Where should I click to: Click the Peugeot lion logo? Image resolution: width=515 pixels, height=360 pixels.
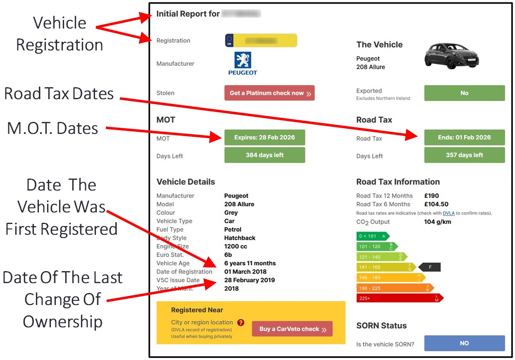pos(243,60)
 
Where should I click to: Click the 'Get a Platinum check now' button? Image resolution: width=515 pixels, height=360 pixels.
pos(269,93)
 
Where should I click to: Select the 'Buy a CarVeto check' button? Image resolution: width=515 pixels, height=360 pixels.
pos(292,329)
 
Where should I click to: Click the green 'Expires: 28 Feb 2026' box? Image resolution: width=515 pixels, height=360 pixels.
pos(265,138)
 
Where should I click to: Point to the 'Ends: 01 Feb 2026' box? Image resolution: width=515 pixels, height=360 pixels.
pos(465,138)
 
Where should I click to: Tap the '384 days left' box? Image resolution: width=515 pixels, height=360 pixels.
pos(265,155)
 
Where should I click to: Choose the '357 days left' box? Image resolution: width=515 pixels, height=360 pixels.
pos(465,155)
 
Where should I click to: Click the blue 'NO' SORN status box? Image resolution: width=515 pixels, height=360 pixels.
pos(465,343)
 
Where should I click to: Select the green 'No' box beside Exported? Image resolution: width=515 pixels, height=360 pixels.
pos(465,93)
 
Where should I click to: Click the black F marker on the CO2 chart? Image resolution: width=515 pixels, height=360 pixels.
pos(430,267)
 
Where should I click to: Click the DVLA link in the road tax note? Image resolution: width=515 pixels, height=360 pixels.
pos(448,213)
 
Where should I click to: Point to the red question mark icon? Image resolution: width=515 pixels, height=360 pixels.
pos(241,322)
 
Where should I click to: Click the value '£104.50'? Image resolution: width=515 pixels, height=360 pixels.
pos(436,204)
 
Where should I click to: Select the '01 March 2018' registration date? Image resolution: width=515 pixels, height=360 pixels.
pos(245,272)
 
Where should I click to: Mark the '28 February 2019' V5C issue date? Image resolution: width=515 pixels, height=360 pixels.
pos(249,280)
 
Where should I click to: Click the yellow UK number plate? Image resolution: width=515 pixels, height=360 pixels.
pos(261,41)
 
